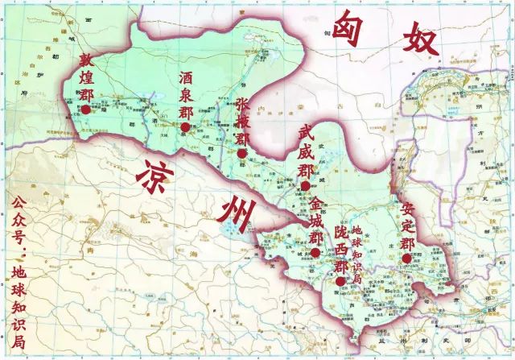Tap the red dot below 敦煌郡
(x=86, y=108)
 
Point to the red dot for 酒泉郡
(x=186, y=127)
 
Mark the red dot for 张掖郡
(x=242, y=154)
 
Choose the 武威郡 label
(x=305, y=152)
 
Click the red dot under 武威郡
(x=305, y=186)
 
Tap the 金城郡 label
(x=316, y=218)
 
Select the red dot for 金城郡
(x=316, y=252)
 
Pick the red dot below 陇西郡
(x=341, y=281)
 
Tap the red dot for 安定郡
(x=407, y=259)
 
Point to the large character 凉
(x=157, y=173)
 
